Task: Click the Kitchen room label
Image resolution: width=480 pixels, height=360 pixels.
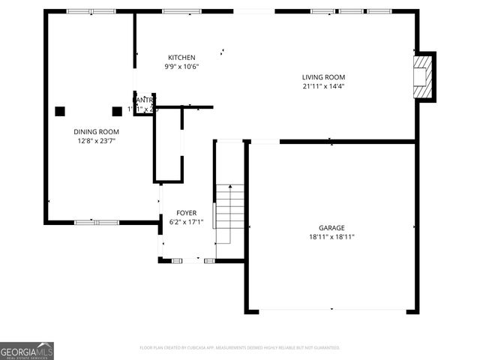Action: pos(181,58)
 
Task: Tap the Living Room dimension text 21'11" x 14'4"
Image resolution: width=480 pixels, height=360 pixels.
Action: pos(323,86)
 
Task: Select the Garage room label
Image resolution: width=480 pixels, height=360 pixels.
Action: pos(331,227)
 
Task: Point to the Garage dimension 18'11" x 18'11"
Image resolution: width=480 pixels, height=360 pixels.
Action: pos(331,236)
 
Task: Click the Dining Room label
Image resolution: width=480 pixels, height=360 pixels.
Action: pos(96,131)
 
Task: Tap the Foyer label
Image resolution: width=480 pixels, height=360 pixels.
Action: pos(186,213)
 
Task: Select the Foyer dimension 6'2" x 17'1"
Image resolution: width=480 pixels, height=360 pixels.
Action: pos(186,221)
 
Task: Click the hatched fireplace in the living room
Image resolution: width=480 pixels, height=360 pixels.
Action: pos(424,76)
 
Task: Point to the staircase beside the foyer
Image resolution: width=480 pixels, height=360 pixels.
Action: pos(230,212)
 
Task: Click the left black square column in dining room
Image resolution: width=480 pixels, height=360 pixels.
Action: pos(60,111)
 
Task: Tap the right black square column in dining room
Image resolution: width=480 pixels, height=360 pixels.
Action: pos(117,111)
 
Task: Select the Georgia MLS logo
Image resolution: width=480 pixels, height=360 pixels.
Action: pos(27,351)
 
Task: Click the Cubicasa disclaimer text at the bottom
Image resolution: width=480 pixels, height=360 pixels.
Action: pos(240,348)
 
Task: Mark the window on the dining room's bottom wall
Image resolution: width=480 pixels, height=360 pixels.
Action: pos(97,222)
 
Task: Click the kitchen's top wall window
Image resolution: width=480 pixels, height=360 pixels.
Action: pos(176,11)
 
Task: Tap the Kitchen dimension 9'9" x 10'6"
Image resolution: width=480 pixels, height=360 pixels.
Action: pos(181,67)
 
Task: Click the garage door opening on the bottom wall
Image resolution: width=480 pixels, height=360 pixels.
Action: pos(331,310)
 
